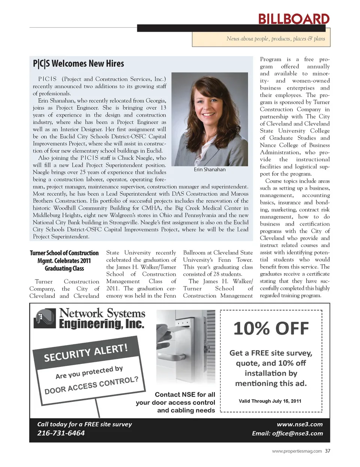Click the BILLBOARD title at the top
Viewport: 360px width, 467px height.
(294, 19)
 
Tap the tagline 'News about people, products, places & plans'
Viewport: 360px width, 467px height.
(276, 39)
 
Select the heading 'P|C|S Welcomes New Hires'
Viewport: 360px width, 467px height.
(78, 64)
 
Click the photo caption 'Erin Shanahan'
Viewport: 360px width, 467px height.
(210, 169)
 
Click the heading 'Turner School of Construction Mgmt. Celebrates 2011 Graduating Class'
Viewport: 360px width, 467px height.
(64, 260)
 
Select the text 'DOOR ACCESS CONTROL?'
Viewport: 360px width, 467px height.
(91, 385)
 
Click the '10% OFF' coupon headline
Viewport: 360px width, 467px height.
(271, 329)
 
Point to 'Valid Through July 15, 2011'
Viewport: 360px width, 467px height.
(270, 401)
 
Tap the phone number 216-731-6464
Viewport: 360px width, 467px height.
(61, 433)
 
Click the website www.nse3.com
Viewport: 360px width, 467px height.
(300, 424)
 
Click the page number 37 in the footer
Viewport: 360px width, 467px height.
(328, 451)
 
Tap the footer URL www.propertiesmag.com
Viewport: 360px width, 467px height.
(297, 451)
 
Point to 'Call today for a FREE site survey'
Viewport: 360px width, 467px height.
(84, 424)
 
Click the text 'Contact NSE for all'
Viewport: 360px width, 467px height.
(185, 395)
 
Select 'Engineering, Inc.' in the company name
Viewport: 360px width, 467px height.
(101, 324)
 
